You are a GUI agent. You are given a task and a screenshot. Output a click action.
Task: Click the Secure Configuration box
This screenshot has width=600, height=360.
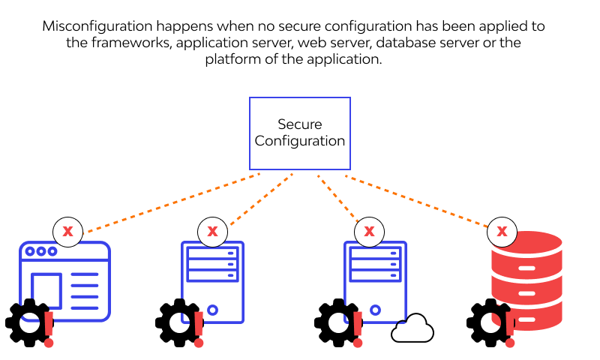pyautogui.click(x=299, y=133)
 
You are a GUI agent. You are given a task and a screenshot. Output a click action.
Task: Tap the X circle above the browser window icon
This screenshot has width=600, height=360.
pyautogui.click(x=67, y=231)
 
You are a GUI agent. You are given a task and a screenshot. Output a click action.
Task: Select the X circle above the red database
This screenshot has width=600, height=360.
pyautogui.click(x=502, y=231)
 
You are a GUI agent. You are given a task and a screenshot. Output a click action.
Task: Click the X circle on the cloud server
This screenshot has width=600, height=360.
pyautogui.click(x=368, y=231)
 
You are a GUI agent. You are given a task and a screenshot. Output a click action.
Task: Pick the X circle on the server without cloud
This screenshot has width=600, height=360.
pyautogui.click(x=212, y=231)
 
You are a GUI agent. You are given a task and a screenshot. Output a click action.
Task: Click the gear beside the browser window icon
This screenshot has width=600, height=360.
pyautogui.click(x=28, y=323)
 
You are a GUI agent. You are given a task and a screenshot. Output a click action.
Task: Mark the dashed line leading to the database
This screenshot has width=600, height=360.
pyautogui.click(x=420, y=201)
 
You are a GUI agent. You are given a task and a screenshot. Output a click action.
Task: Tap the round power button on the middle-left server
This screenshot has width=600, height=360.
pyautogui.click(x=212, y=309)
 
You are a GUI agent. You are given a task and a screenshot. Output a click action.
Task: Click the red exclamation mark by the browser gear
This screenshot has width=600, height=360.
pyautogui.click(x=49, y=323)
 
